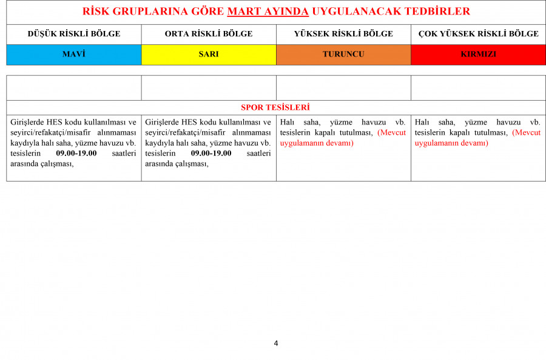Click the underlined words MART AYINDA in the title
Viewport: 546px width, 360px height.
(268, 12)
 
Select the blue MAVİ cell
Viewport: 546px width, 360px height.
(74, 54)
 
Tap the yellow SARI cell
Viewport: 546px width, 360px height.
(209, 54)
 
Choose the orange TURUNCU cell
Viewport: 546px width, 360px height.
(343, 54)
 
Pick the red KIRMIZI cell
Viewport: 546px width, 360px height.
(478, 54)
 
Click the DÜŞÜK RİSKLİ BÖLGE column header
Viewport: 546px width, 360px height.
(74, 34)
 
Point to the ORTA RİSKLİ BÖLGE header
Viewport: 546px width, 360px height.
(209, 34)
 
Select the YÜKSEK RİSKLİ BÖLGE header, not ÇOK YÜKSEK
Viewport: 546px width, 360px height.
(343, 34)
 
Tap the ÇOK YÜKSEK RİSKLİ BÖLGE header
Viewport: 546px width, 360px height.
(478, 34)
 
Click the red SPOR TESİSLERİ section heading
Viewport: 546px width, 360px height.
(275, 107)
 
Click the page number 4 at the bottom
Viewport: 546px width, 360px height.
(276, 344)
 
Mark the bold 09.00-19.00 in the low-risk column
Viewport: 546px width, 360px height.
(76, 153)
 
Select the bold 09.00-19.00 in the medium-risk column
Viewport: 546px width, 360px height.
(211, 153)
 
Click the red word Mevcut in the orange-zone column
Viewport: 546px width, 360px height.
(392, 133)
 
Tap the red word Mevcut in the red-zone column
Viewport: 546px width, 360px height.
(527, 133)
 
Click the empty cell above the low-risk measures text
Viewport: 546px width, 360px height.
(74, 87)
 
